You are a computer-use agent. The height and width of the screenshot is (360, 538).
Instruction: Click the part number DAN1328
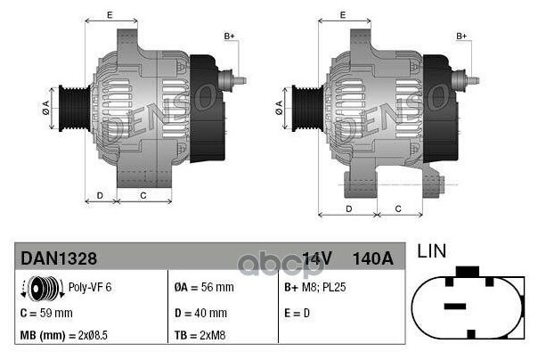58,258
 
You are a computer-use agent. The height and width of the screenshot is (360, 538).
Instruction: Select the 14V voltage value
317,258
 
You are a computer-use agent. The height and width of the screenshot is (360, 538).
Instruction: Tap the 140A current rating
373,258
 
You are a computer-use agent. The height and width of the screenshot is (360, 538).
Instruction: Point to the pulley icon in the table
39,289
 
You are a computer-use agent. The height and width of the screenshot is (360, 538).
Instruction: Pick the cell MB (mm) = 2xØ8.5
68,336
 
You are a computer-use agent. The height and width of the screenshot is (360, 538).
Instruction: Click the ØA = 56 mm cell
203,288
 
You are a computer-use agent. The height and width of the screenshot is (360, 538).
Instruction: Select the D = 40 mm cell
200,313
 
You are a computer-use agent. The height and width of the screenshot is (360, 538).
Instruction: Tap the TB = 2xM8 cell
200,336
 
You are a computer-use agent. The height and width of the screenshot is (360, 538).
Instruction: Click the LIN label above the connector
432,252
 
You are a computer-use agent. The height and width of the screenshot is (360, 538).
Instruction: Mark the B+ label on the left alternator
229,36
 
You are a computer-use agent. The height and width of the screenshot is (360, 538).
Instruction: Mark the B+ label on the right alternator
461,36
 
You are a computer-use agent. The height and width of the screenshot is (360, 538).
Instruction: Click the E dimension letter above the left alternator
109,15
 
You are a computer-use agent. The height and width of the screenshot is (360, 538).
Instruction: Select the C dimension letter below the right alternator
398,208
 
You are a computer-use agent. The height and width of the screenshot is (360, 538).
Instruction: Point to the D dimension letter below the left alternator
100,194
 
